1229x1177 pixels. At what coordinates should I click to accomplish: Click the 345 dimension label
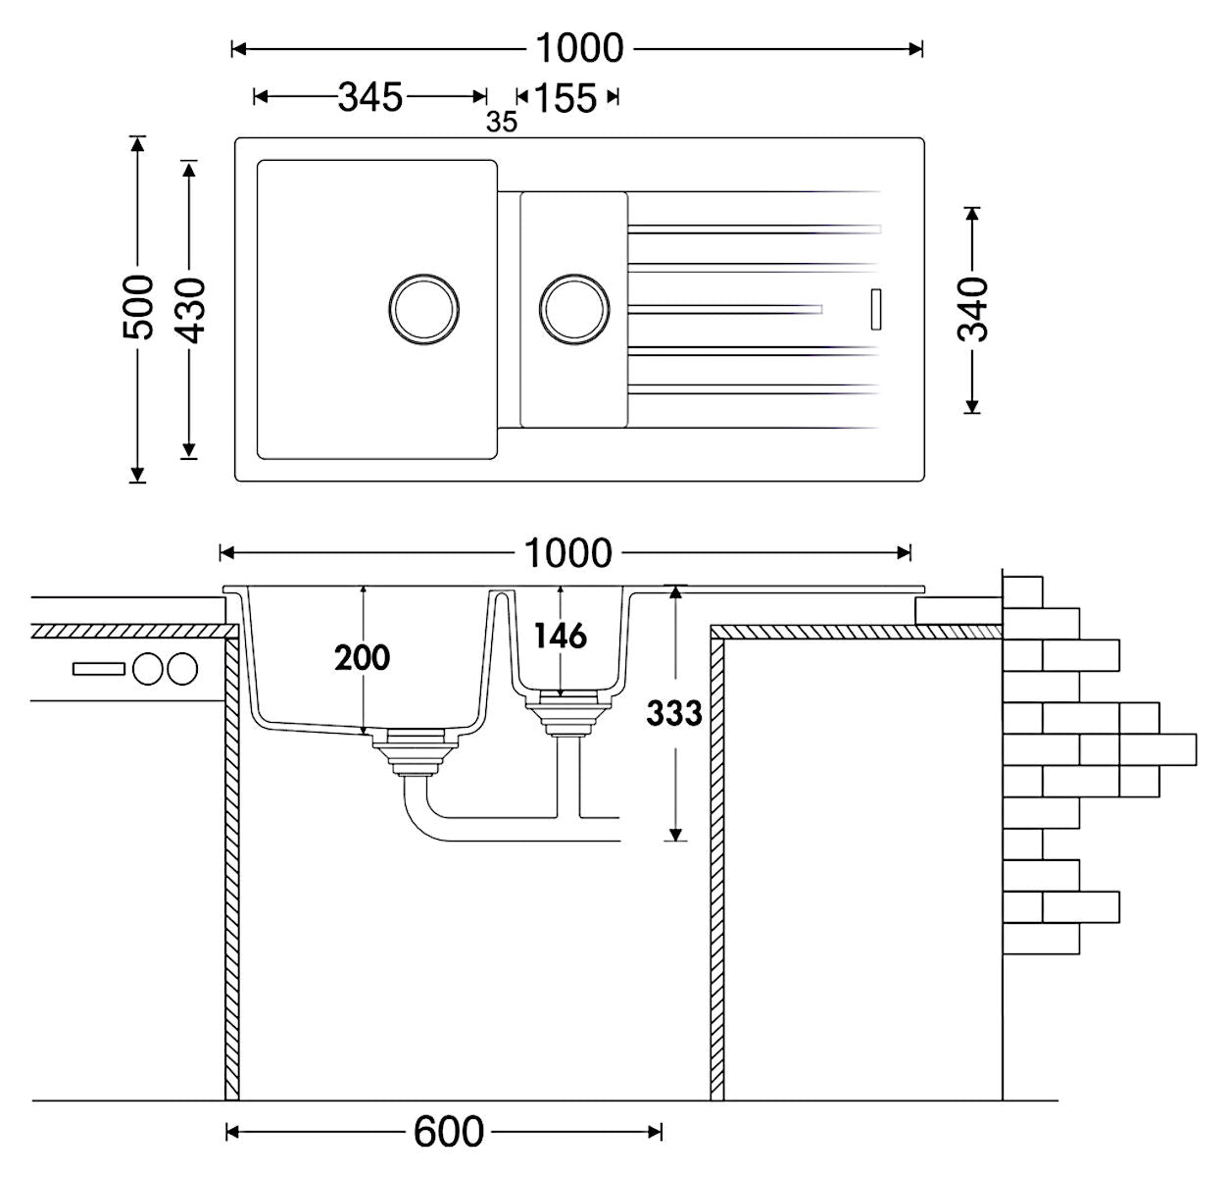(370, 97)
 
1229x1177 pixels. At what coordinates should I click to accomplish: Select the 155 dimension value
(565, 98)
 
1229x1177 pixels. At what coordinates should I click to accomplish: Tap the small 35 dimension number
(502, 122)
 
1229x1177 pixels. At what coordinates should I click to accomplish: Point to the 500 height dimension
(137, 307)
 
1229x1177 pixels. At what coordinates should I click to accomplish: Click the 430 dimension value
(190, 310)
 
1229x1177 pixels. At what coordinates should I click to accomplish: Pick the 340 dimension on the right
(972, 309)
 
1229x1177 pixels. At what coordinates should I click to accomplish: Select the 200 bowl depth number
(362, 657)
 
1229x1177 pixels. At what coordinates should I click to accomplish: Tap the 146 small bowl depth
(561, 636)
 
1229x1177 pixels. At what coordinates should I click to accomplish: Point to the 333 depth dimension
(674, 713)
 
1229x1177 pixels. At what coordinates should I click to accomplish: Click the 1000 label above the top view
(579, 48)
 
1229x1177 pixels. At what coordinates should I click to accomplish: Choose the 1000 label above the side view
(567, 553)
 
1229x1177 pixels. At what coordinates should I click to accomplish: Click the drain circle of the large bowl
(423, 309)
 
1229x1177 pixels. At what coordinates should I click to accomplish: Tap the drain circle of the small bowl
(574, 309)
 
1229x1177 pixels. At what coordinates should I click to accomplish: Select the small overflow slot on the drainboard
(876, 309)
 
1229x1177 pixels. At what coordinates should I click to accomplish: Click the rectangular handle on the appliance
(99, 669)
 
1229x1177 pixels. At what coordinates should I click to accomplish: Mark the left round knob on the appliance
(148, 669)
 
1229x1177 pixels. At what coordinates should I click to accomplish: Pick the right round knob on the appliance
(182, 669)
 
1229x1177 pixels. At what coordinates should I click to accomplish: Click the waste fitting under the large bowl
(415, 752)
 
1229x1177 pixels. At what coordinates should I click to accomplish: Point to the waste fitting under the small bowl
(567, 714)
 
